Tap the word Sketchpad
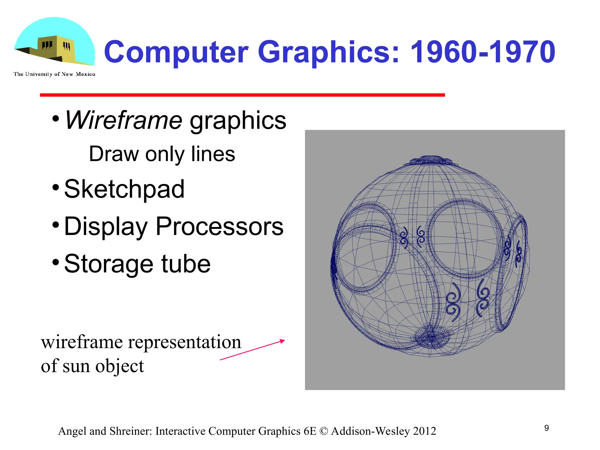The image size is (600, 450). (x=124, y=189)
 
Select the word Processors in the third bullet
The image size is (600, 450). (x=219, y=226)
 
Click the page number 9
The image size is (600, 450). (x=546, y=428)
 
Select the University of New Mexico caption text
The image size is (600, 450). (x=54, y=74)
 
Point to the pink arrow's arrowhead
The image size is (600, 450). (x=282, y=341)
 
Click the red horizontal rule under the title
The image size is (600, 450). (x=242, y=95)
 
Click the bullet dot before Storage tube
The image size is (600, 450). (x=56, y=261)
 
